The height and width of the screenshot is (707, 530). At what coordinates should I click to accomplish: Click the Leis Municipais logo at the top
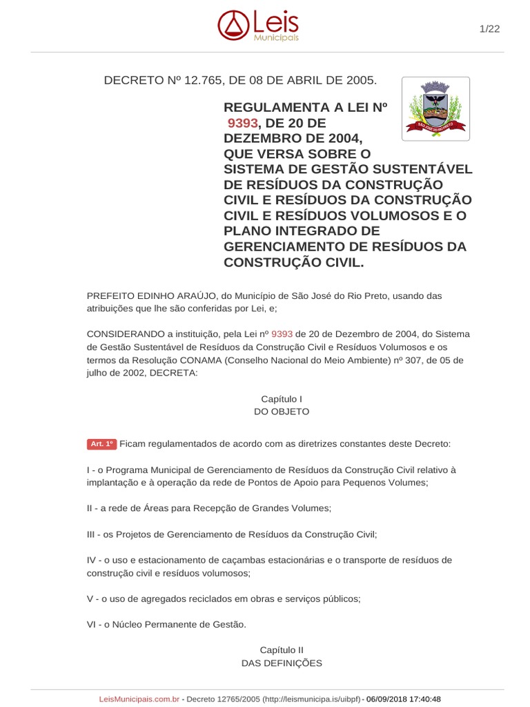pyautogui.click(x=258, y=26)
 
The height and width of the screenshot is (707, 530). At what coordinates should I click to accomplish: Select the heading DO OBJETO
pyautogui.click(x=282, y=411)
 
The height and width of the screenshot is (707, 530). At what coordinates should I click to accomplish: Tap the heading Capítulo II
pyautogui.click(x=282, y=650)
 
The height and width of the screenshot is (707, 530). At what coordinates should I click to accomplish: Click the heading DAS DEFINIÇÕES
pyautogui.click(x=282, y=663)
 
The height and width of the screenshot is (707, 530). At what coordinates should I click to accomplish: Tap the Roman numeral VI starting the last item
pyautogui.click(x=92, y=624)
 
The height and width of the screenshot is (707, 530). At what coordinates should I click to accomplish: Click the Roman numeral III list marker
pyautogui.click(x=92, y=534)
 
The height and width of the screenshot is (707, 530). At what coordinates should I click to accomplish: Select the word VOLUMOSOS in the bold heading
pyautogui.click(x=391, y=215)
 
